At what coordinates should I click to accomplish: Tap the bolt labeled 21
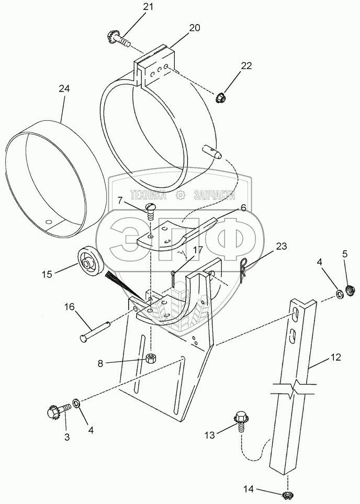(119, 39)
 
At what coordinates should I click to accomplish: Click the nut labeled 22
(221, 96)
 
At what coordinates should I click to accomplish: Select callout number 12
(335, 358)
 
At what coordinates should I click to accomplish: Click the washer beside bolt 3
(76, 402)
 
